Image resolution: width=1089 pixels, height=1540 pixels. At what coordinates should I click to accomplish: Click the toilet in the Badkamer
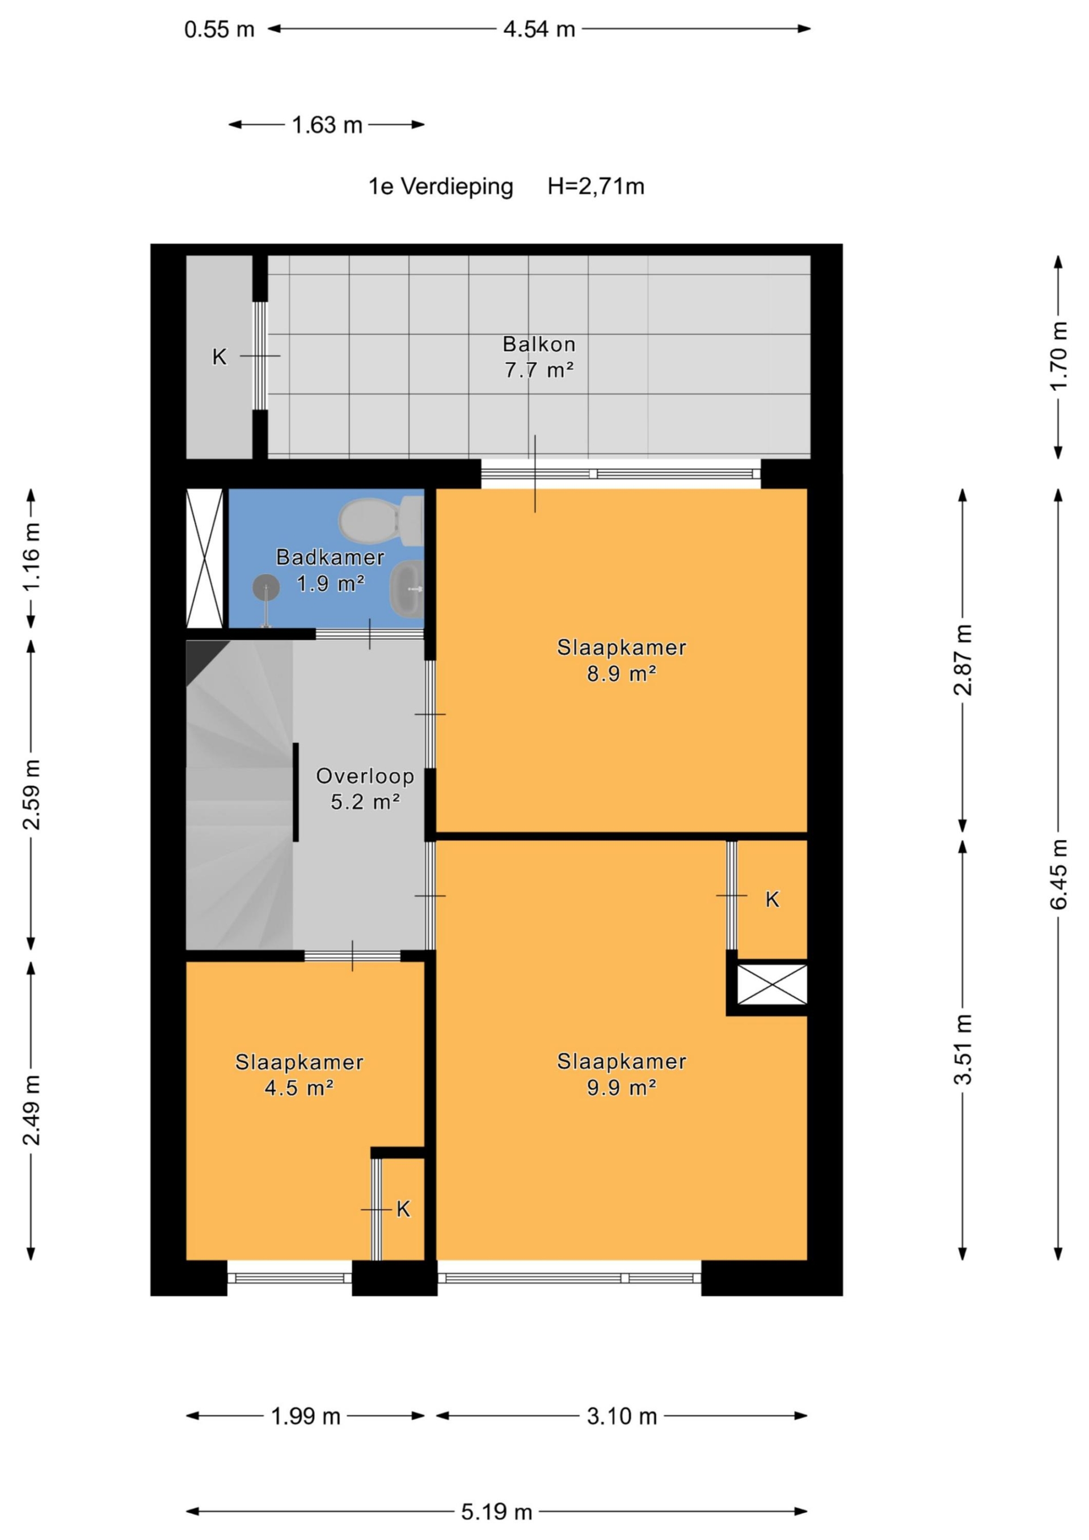pyautogui.click(x=380, y=521)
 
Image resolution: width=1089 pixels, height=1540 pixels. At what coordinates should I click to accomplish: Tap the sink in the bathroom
pyautogui.click(x=407, y=590)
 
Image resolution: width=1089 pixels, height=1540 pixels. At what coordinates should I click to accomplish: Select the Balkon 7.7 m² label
pyautogui.click(x=539, y=357)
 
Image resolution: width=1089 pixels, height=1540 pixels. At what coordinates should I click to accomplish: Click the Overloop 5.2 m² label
pyautogui.click(x=365, y=788)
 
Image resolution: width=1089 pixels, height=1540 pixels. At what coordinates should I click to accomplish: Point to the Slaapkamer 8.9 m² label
pyautogui.click(x=621, y=660)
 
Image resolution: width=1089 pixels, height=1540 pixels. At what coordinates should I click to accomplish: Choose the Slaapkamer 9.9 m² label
pyautogui.click(x=621, y=1074)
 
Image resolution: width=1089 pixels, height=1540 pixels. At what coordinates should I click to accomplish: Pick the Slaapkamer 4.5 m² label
pyautogui.click(x=299, y=1074)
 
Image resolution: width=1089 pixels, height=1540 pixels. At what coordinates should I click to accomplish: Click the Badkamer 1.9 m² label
pyautogui.click(x=330, y=570)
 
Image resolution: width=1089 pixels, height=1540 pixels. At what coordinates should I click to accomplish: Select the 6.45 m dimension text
pyautogui.click(x=1058, y=874)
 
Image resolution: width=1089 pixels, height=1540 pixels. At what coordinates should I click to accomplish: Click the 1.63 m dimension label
pyautogui.click(x=327, y=125)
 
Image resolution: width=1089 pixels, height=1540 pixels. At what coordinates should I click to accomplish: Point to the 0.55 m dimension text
pyautogui.click(x=220, y=29)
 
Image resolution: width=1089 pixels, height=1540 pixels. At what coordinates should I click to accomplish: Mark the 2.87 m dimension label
pyautogui.click(x=963, y=660)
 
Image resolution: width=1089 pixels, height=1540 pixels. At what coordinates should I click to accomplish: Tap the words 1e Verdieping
pyautogui.click(x=441, y=187)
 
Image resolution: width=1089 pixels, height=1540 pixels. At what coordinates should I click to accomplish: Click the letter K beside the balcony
pyautogui.click(x=219, y=357)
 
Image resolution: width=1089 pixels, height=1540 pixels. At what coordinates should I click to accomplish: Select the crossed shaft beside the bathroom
pyautogui.click(x=204, y=558)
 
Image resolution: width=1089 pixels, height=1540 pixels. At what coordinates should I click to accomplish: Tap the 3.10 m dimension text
pyautogui.click(x=621, y=1416)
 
